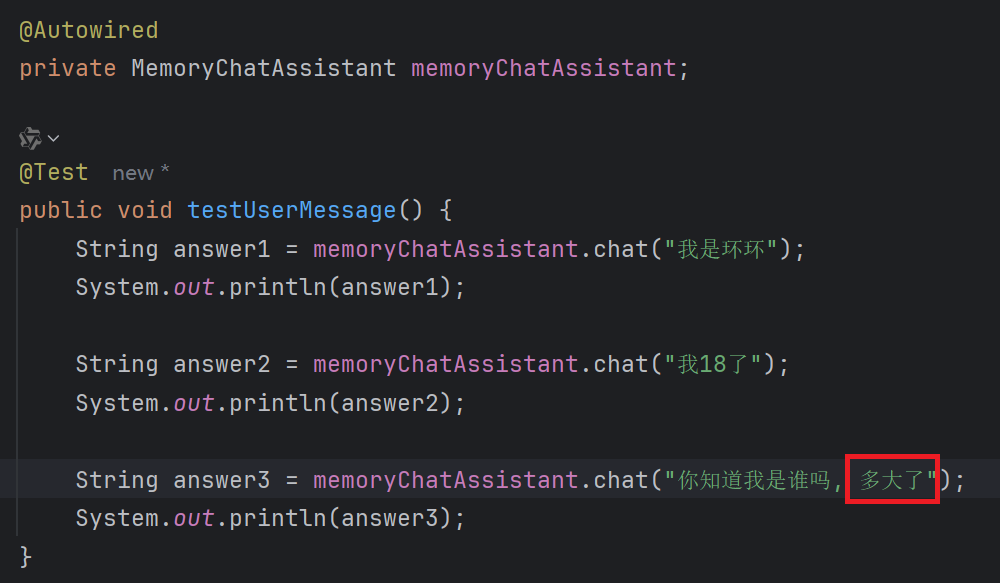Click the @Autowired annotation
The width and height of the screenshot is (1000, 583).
[x=88, y=31]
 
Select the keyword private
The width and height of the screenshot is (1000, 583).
[x=67, y=69]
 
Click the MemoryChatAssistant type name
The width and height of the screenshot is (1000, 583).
[x=263, y=69]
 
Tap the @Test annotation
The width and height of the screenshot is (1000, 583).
[x=54, y=172]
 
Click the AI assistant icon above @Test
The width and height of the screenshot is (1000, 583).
[x=31, y=138]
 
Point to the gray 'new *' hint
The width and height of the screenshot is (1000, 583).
[x=140, y=173]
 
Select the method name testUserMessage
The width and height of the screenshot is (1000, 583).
[x=291, y=210]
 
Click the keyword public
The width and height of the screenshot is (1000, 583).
[x=60, y=210]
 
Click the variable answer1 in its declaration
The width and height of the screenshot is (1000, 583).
[x=221, y=249]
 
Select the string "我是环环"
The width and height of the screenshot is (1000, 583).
[x=721, y=249]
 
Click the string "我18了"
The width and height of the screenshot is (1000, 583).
[x=713, y=364]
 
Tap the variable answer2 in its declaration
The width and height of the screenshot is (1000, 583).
[x=221, y=364]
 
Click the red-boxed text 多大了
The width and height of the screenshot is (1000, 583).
[x=892, y=481]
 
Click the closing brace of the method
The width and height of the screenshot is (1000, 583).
[x=26, y=556]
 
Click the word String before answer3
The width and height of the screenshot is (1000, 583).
[x=116, y=481]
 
